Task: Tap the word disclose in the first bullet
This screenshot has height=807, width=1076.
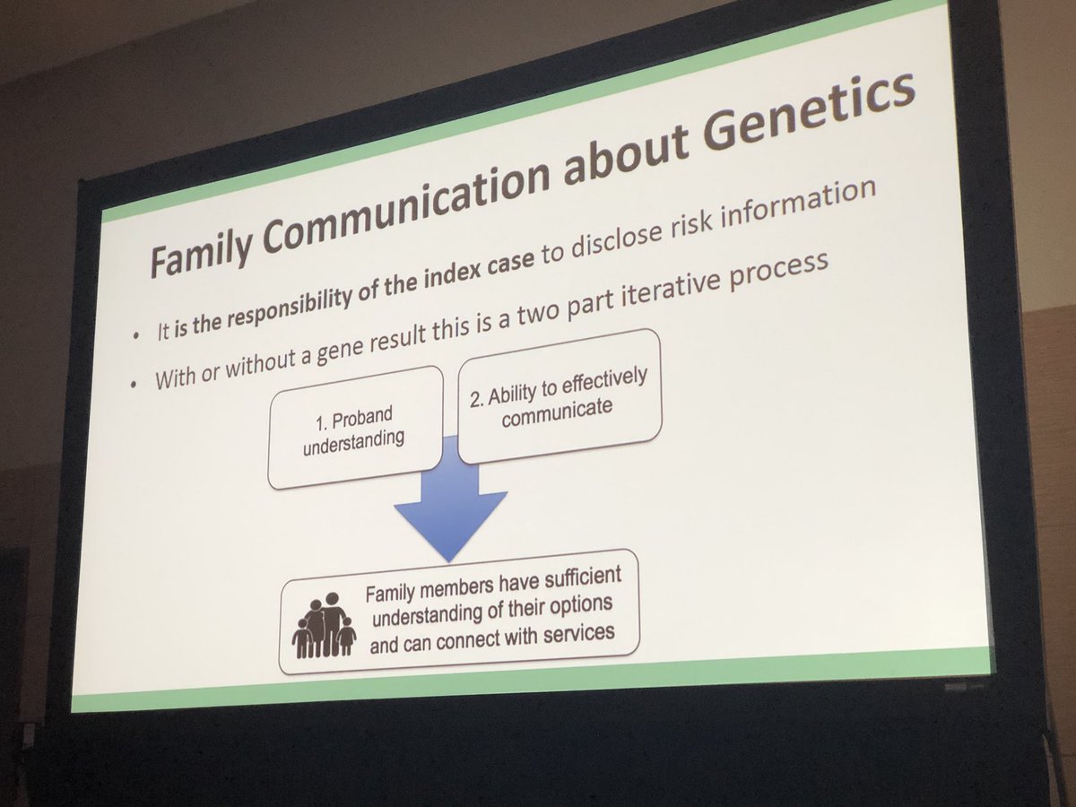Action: click(x=573, y=241)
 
